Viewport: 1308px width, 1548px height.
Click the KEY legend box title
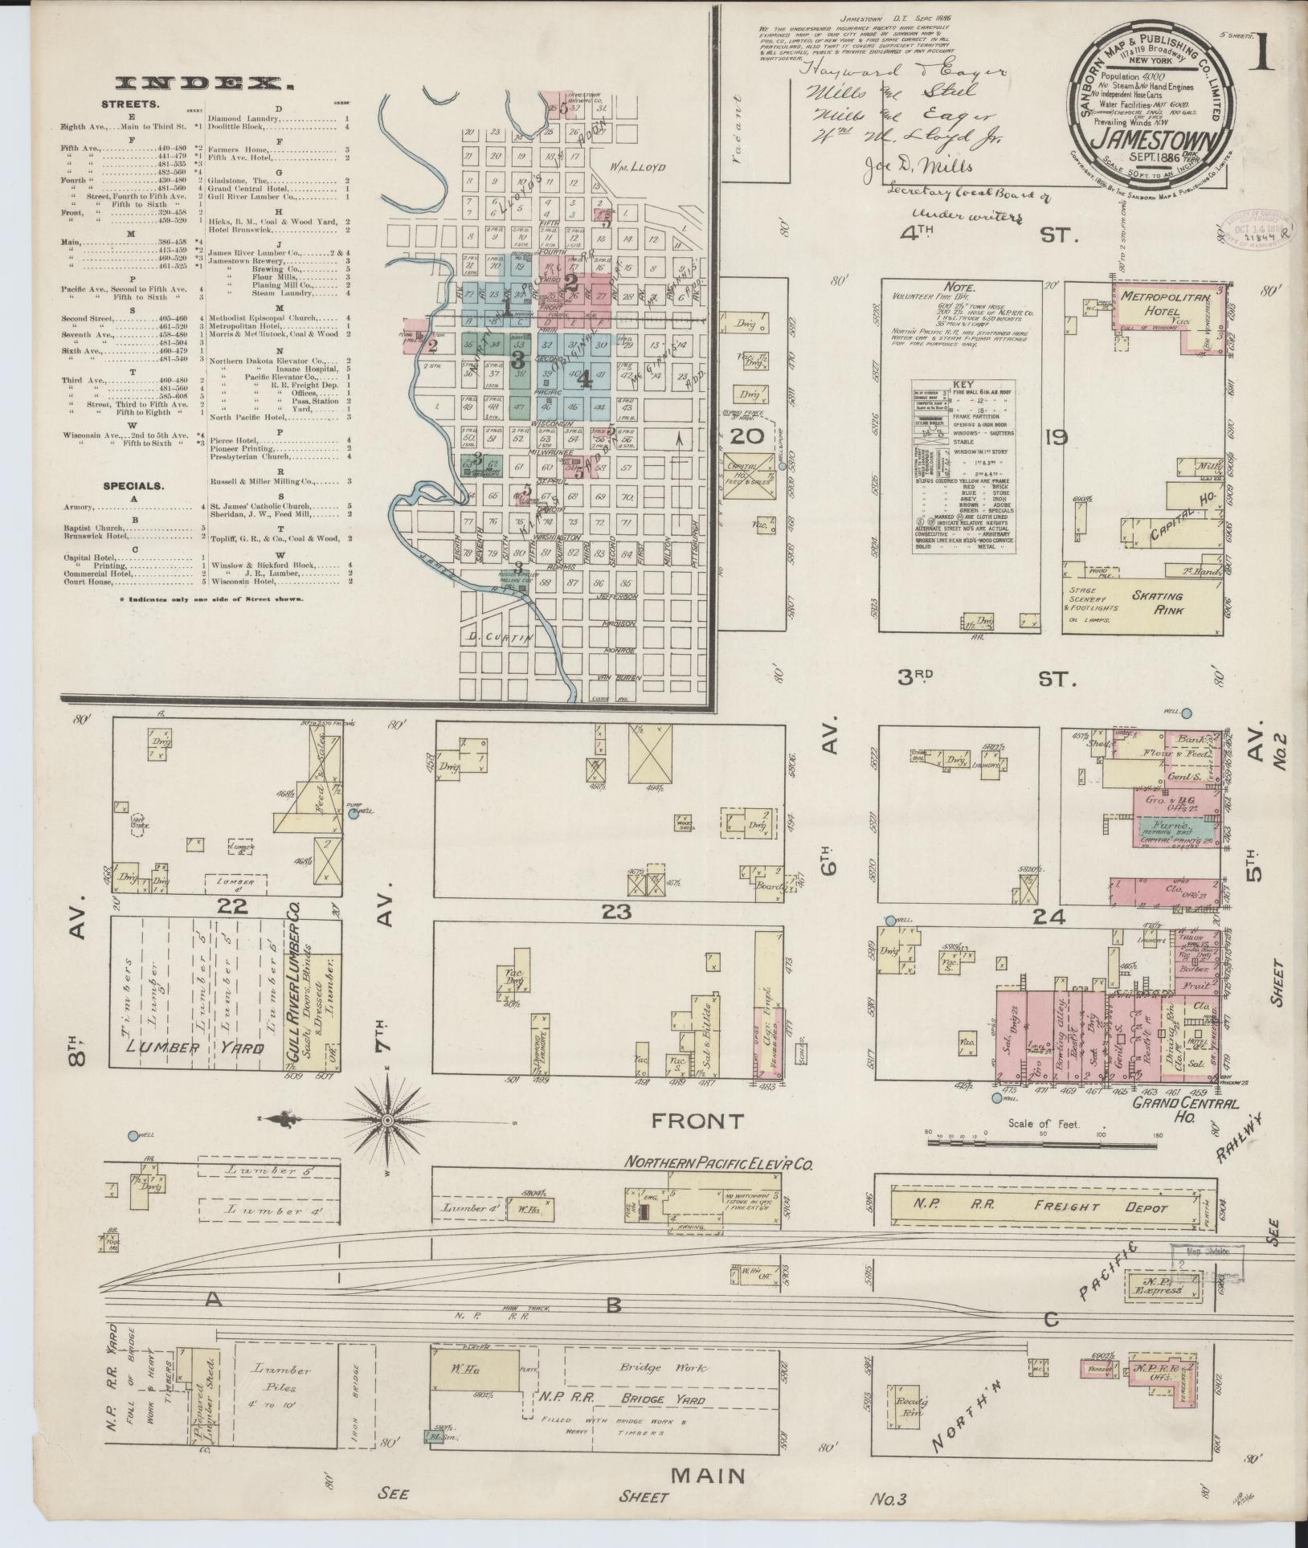(962, 385)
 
